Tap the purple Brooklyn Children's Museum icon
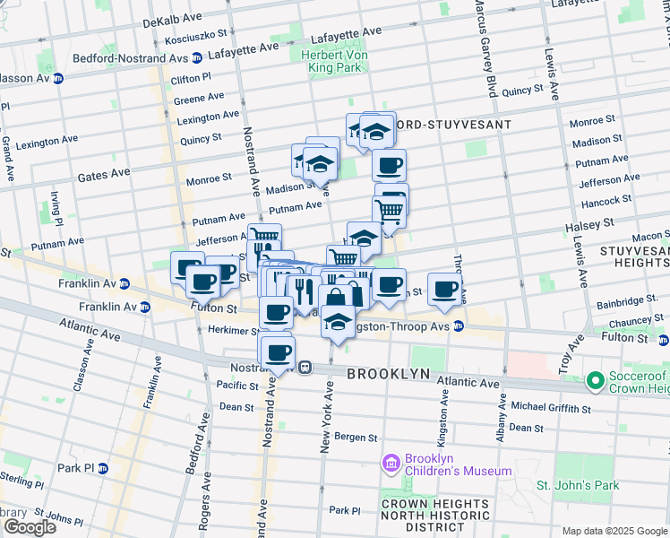pos(391,464)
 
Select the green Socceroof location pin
pos(594,383)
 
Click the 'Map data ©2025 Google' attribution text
pos(614,531)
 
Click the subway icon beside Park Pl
pos(103,468)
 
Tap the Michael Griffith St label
pos(551,408)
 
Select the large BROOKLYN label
pos(388,373)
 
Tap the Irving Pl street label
pos(55,208)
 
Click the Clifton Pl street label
pos(196,80)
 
